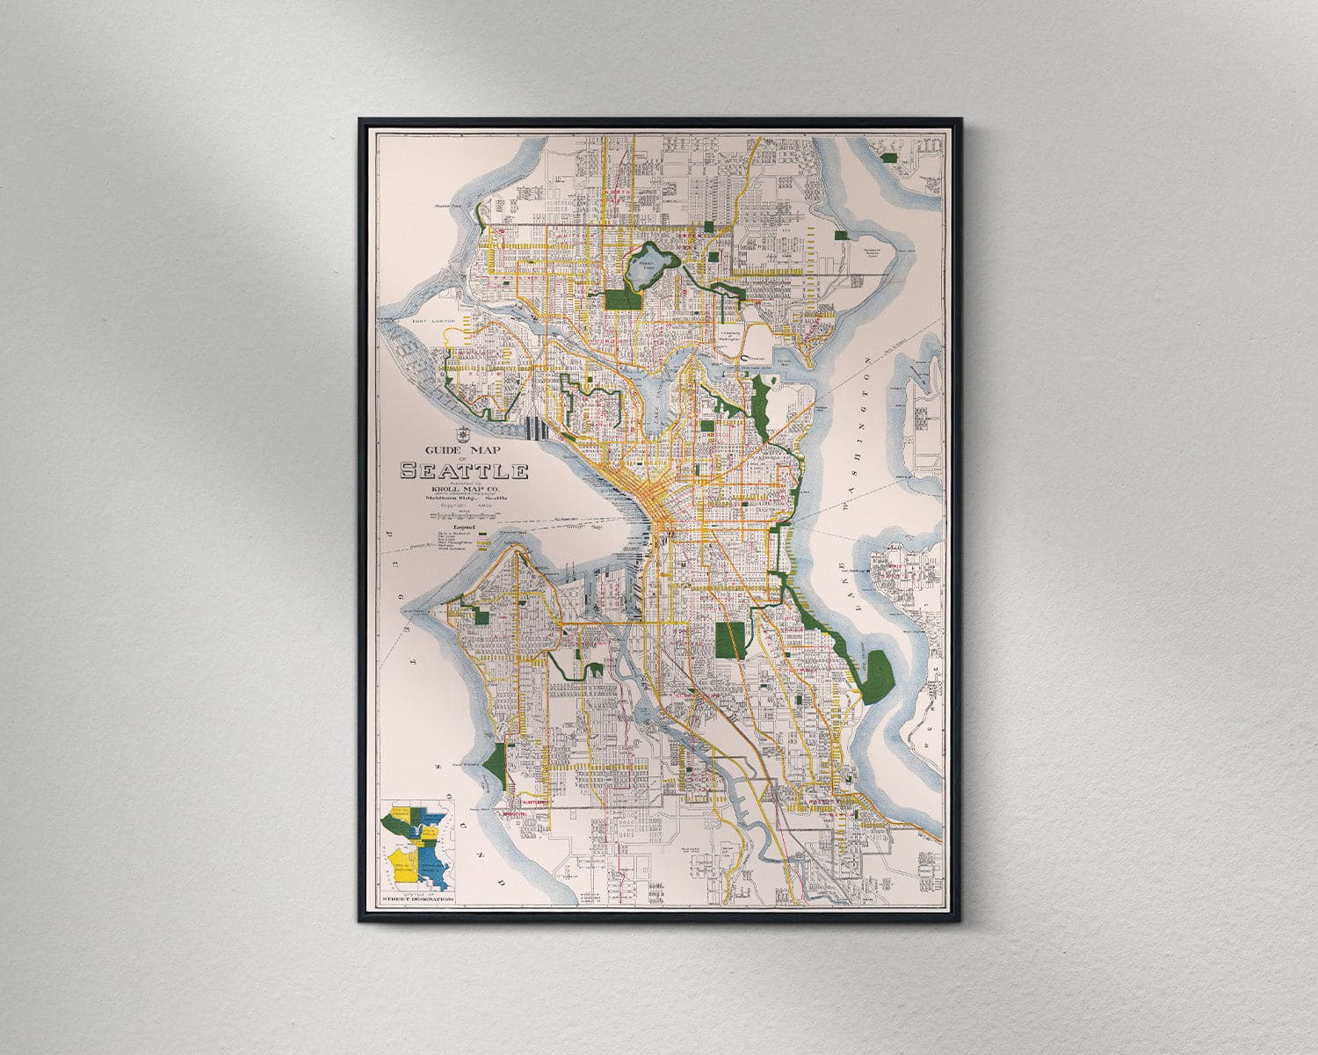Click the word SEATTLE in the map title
coord(464,471)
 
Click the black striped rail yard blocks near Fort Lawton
coord(535,428)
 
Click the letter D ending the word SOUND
coord(499,882)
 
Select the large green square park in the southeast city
coord(730,640)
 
